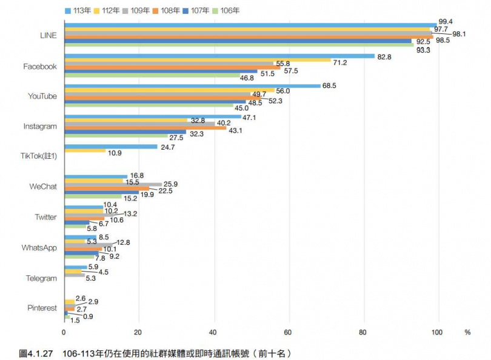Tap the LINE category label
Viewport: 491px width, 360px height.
[x=47, y=36]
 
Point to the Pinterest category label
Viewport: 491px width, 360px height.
[x=42, y=308]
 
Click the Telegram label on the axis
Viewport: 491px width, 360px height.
[x=42, y=278]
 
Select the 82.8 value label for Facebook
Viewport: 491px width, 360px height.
[x=385, y=56]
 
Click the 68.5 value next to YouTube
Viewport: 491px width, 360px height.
[x=330, y=86]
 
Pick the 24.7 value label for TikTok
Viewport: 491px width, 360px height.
[x=167, y=147]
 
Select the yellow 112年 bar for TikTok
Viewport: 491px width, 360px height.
[x=84, y=151]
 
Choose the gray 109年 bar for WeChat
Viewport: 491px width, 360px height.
[x=113, y=184]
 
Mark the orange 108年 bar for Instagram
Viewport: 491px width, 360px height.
[x=145, y=127]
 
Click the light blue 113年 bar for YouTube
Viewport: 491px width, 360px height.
[x=192, y=86]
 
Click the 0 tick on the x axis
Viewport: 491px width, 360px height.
[x=64, y=332]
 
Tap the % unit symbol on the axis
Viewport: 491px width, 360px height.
[x=467, y=332]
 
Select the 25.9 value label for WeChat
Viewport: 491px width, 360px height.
[x=172, y=184]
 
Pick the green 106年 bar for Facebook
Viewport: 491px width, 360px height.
[x=152, y=76]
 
